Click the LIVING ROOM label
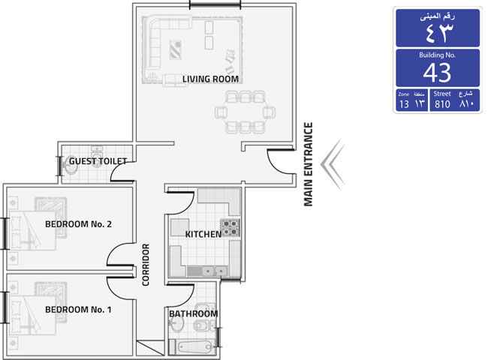tap(210, 79)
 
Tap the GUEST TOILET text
tap(98, 161)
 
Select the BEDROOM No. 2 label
tap(78, 224)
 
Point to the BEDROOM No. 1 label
tap(78, 310)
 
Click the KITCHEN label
tap(203, 234)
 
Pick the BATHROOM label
tap(193, 313)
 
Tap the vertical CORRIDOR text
tap(146, 265)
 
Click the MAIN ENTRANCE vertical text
tap(308, 164)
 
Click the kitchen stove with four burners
tap(230, 227)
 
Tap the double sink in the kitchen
tap(215, 271)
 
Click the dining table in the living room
tap(245, 112)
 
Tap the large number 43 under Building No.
tap(437, 73)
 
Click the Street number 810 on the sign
tap(442, 104)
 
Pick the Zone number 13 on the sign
tap(404, 104)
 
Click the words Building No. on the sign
tap(437, 55)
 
